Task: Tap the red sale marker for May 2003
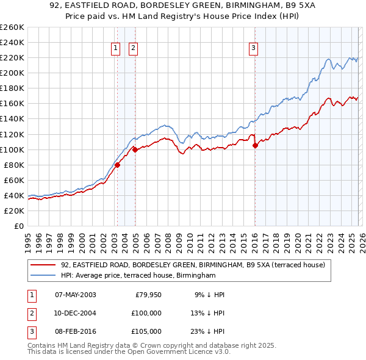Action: tap(117, 165)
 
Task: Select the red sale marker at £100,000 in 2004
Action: tap(134, 149)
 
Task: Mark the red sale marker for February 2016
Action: tap(255, 145)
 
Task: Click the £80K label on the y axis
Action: tap(13, 165)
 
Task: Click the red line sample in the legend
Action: tap(44, 265)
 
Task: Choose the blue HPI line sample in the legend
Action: tap(44, 276)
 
